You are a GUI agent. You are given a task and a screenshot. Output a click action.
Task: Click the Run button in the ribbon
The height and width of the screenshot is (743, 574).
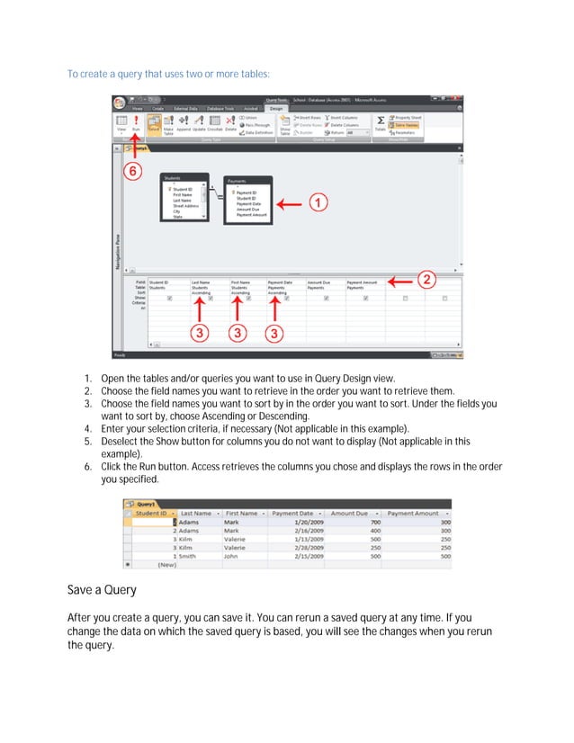[x=136, y=123]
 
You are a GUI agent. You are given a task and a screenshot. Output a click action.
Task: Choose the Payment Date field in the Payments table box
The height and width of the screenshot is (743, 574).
[x=249, y=203]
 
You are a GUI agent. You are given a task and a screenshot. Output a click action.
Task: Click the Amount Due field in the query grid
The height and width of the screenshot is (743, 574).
[x=320, y=282]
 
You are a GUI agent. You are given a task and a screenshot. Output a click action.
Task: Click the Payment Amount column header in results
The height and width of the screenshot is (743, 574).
[x=414, y=513]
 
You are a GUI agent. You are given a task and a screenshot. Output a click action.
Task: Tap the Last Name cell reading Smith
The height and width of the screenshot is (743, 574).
[x=188, y=556]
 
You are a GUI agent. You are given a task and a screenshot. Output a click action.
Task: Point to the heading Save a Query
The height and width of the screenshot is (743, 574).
[x=102, y=591]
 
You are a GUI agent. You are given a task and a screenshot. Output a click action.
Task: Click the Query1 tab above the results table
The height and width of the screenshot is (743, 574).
[x=144, y=504]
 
